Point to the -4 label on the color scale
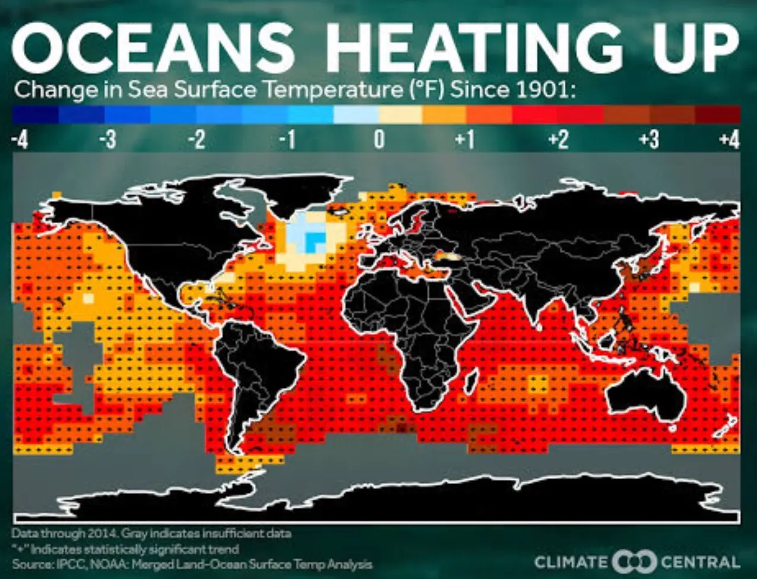[x=20, y=141]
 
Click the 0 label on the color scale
[x=379, y=141]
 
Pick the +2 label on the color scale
[x=558, y=141]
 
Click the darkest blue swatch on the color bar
[x=36, y=115]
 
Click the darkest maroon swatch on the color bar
[x=717, y=115]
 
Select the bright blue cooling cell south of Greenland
[x=315, y=241]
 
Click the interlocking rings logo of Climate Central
[x=634, y=562]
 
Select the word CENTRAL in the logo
[x=701, y=562]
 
